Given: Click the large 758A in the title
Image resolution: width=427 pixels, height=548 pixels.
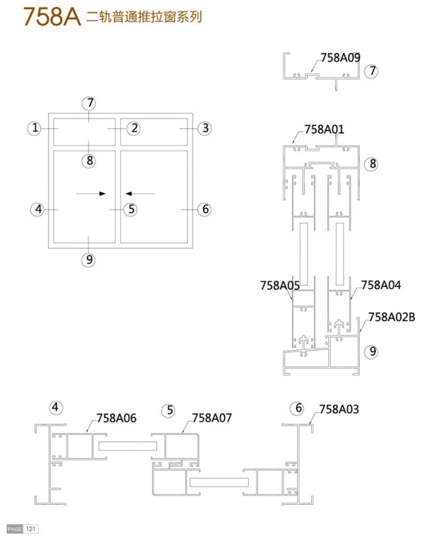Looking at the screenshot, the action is pos(52,16).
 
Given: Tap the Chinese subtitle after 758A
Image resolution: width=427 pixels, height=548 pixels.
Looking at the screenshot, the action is pos(144,16).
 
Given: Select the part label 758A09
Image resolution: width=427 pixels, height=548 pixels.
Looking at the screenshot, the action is pos(340,58).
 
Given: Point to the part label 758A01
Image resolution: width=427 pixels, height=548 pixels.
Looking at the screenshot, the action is pos(324,129).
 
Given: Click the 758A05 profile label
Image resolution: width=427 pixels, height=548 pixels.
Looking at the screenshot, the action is pos(280,286).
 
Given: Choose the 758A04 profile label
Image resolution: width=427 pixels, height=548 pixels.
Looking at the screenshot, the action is pos(381,285).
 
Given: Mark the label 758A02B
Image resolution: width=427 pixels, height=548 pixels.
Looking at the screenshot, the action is pos(391,317).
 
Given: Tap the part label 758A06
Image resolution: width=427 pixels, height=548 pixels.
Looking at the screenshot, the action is pos(117,418).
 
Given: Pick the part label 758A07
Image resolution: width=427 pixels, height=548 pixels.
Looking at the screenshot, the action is pos(212,418).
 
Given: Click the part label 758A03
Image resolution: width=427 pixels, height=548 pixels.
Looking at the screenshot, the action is pos(339,409).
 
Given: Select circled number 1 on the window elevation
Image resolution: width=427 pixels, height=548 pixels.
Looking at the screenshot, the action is pos(34,128).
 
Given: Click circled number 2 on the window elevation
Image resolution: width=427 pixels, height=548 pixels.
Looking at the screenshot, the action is pos(134,128).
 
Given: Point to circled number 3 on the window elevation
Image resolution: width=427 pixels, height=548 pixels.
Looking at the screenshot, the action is pos(206,128).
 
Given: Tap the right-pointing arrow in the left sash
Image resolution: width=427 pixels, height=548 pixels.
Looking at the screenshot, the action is pos(91,193).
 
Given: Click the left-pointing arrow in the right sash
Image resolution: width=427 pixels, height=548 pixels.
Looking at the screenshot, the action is pos(140,193).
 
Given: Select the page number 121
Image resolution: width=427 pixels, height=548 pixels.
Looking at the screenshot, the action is pos(31,529).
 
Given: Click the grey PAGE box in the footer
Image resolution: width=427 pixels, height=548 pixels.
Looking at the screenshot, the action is pos(14,529).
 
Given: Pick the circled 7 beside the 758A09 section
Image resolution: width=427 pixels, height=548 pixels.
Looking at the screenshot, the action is pos(371,71).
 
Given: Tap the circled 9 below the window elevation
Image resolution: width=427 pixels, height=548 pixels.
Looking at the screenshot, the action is pos(89,260).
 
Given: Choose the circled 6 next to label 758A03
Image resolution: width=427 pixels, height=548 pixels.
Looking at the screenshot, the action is pos(298,408).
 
